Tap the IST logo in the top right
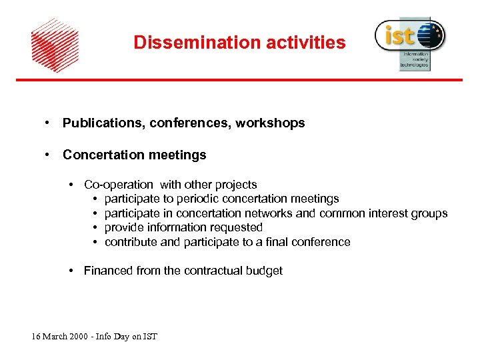pyautogui.click(x=410, y=42)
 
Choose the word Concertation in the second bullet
pyautogui.click(x=103, y=155)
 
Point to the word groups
pyautogui.click(x=430, y=213)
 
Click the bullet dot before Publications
pyautogui.click(x=47, y=123)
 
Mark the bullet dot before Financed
pyautogui.click(x=71, y=271)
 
